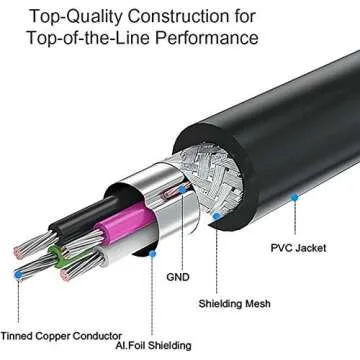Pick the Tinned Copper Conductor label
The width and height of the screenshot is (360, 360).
click(62, 335)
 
